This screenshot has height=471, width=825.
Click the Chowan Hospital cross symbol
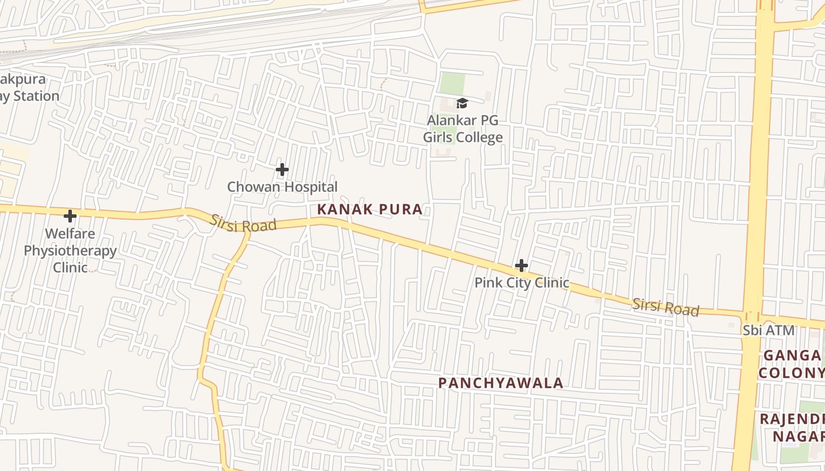282,170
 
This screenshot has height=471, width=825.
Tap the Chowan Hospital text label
282,187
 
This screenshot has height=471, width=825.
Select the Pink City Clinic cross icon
521,266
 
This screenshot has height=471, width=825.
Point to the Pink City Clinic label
522,283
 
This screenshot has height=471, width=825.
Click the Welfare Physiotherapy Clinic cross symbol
70,215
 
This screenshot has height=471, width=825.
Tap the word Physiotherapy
70,251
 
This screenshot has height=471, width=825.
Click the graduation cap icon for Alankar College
462,104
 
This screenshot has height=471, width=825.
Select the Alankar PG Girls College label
463,129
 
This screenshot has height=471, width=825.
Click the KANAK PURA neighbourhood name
370,209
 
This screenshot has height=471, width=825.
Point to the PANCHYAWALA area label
501,383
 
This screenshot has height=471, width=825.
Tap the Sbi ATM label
768,331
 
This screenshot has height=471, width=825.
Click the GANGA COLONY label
791,364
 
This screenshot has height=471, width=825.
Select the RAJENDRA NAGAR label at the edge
793,427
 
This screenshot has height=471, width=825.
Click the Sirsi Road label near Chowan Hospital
243,223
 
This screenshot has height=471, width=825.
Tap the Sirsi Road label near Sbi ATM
665,307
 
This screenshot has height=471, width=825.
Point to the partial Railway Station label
28,88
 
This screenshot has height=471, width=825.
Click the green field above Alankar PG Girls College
452,83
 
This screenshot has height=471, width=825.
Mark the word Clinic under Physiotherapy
70,267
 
